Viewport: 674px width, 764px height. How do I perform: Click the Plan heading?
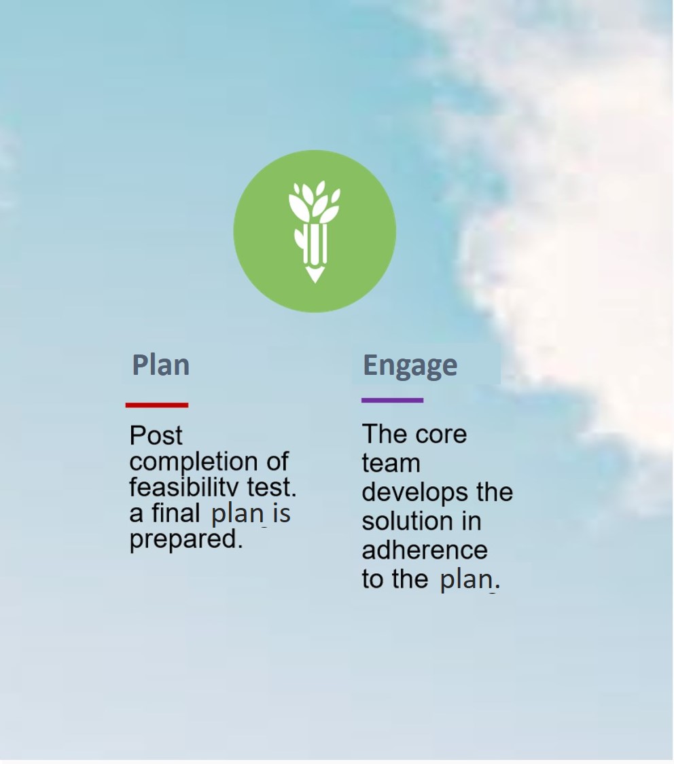161,365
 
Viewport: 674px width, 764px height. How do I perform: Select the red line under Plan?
157,405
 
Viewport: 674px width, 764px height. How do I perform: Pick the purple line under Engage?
392,401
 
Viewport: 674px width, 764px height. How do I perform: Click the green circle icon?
315,232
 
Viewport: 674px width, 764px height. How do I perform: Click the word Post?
156,435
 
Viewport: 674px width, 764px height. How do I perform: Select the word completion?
194,462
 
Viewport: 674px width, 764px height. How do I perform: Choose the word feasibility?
184,487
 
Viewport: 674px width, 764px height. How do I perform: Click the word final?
175,513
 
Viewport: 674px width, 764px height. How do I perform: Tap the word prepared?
186,540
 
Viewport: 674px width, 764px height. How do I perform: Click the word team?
391,463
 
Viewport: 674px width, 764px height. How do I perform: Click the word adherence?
425,549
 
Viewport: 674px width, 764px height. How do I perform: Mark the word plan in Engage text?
467,580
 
